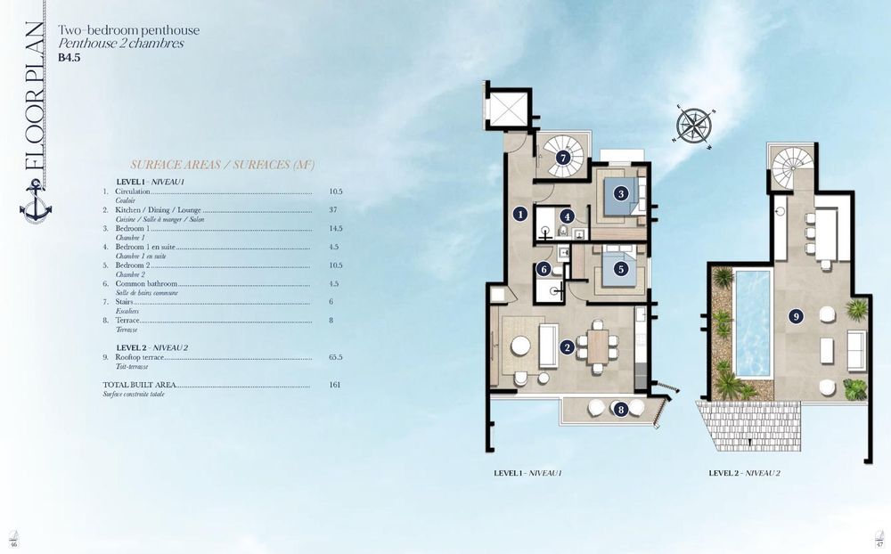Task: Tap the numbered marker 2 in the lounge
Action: click(566, 346)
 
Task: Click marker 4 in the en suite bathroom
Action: click(567, 215)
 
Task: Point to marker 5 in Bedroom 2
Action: click(620, 268)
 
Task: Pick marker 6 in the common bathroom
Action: click(544, 269)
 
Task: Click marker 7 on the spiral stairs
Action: click(562, 158)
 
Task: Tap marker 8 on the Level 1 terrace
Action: click(620, 409)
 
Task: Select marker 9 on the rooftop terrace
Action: click(796, 314)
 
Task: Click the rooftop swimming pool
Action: click(753, 323)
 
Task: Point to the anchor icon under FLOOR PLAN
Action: click(35, 200)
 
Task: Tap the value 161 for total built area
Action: click(335, 385)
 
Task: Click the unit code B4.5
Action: click(69, 58)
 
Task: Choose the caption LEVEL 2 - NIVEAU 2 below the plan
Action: click(744, 473)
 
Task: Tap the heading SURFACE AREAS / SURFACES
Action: click(222, 165)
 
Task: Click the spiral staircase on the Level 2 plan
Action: click(789, 167)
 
